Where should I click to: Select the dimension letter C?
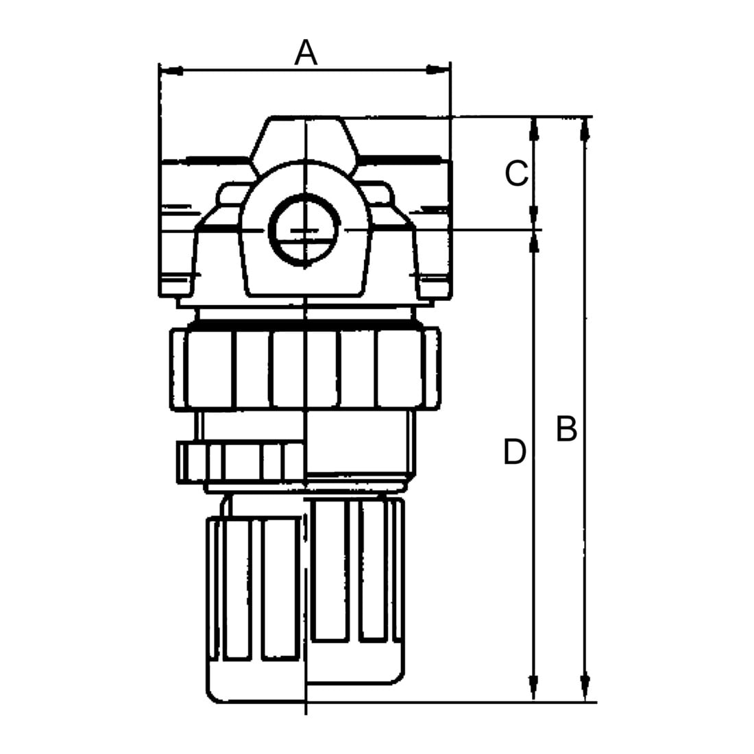(x=517, y=173)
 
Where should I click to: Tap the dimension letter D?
(x=515, y=452)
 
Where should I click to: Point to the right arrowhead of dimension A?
(x=438, y=71)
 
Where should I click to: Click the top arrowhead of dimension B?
(x=585, y=129)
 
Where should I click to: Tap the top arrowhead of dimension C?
(x=533, y=129)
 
